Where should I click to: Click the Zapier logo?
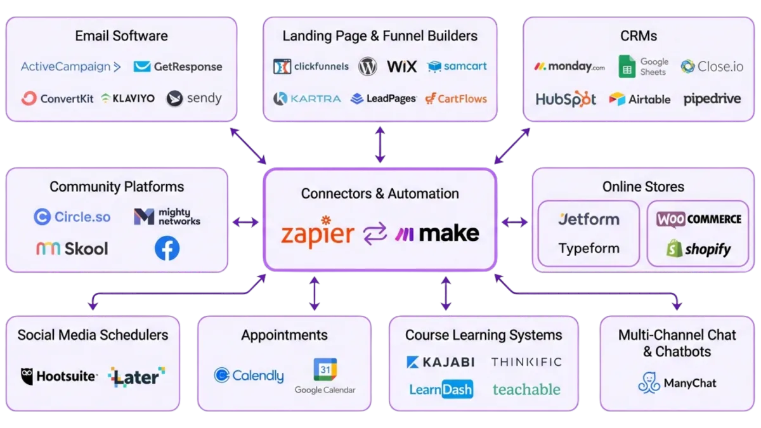(317, 233)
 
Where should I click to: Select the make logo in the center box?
(438, 234)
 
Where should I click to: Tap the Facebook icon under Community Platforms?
(167, 249)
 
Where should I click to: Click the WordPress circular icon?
(368, 66)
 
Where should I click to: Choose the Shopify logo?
(698, 249)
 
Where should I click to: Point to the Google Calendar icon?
(325, 370)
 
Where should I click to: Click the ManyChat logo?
(677, 383)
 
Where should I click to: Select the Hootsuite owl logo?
(27, 376)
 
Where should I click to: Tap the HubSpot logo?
(566, 99)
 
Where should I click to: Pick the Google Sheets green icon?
(627, 66)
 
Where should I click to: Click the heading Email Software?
(121, 36)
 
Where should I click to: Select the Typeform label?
(589, 249)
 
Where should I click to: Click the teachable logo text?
(526, 389)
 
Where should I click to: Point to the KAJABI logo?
(440, 362)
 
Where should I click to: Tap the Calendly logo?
(249, 375)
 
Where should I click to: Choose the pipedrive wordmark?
(712, 99)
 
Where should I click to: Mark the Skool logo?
(72, 249)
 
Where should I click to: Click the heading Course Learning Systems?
(483, 335)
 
